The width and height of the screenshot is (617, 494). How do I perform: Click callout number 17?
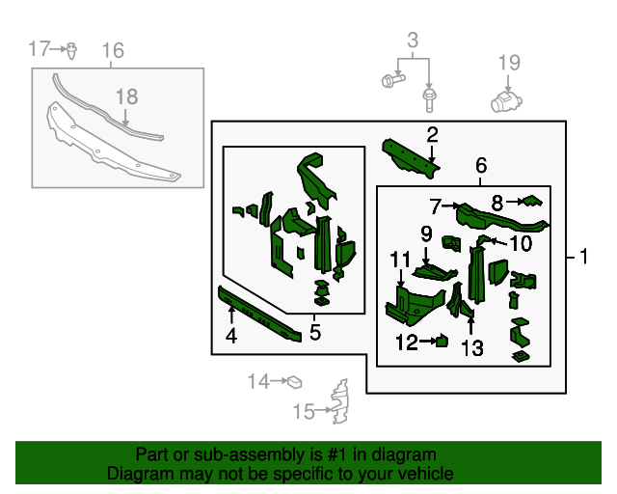tap(39, 48)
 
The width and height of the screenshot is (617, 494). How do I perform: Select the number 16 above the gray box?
tap(112, 50)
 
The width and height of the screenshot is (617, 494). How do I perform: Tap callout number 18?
tap(126, 96)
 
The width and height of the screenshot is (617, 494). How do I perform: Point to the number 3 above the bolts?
tap(413, 41)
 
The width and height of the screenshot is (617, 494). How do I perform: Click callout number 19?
tap(509, 63)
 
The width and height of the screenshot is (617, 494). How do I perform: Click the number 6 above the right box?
tap(480, 166)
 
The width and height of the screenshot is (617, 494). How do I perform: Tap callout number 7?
tap(436, 206)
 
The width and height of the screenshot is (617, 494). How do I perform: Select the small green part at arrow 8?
tap(532, 201)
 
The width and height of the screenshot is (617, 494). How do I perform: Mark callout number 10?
tap(521, 242)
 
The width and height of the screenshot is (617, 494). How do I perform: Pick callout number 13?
tap(471, 347)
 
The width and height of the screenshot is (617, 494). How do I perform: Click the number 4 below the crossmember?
tap(231, 336)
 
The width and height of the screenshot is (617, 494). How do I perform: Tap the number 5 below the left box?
tap(314, 333)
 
